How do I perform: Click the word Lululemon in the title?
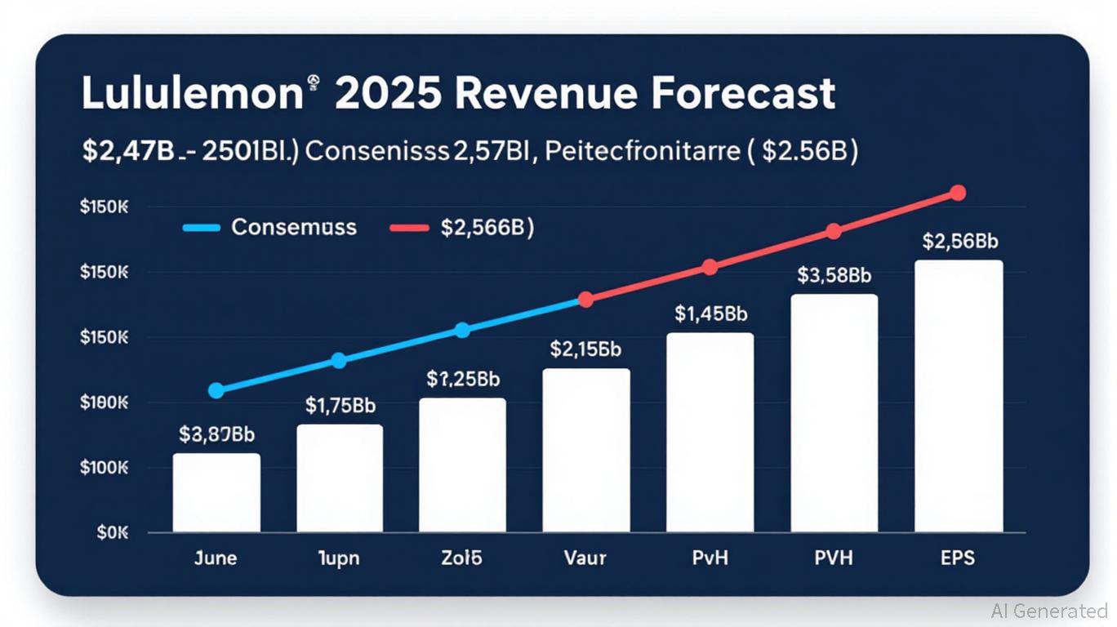tap(193, 94)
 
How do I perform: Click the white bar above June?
tap(216, 493)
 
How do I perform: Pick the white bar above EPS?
tap(959, 396)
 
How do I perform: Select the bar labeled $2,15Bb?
tap(586, 451)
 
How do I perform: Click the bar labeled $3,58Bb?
tap(834, 413)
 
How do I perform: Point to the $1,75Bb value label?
tap(340, 405)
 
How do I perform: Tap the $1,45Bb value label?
tap(710, 313)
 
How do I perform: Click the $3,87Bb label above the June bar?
tap(216, 434)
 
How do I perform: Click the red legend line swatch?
tap(409, 228)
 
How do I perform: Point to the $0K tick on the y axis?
tap(113, 533)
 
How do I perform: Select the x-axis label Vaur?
tap(585, 558)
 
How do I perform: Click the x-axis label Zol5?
tap(461, 558)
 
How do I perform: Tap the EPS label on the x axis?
tap(957, 558)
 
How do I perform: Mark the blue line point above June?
tap(216, 391)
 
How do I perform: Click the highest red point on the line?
tap(958, 193)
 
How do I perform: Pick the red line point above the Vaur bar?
tap(585, 300)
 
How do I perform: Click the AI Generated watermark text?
tap(1049, 611)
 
